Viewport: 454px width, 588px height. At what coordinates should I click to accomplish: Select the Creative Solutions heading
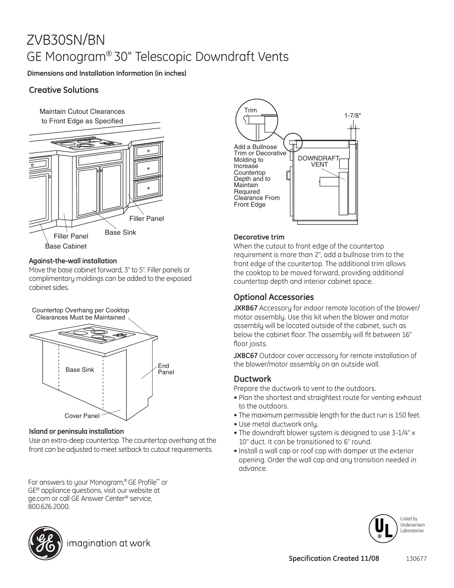(x=64, y=90)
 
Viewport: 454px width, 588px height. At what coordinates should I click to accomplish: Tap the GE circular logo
(x=45, y=543)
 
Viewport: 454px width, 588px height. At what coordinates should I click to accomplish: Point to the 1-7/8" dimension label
(x=353, y=115)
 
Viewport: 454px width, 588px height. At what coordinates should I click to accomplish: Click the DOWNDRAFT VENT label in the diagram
(x=319, y=161)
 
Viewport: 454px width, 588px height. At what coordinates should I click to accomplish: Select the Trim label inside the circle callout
(x=250, y=110)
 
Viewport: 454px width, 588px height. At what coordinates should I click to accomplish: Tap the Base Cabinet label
(x=66, y=246)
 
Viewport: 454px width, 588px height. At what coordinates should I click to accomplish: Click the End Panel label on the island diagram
(x=166, y=369)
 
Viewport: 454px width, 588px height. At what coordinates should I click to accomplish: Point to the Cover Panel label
(x=82, y=416)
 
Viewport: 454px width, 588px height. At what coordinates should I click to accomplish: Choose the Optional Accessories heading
(x=274, y=297)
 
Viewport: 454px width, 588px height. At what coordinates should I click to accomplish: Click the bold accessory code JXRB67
(x=246, y=308)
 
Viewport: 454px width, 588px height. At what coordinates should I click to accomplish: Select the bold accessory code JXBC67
(x=246, y=355)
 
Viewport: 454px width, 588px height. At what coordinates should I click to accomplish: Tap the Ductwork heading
(x=252, y=379)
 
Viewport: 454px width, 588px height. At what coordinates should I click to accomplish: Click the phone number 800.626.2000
(x=49, y=507)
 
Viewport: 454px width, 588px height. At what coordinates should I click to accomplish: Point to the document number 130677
(x=417, y=558)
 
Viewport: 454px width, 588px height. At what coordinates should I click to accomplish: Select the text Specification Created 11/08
(x=334, y=558)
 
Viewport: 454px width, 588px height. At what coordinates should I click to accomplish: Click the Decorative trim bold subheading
(x=259, y=237)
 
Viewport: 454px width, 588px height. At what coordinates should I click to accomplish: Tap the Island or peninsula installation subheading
(x=76, y=431)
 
